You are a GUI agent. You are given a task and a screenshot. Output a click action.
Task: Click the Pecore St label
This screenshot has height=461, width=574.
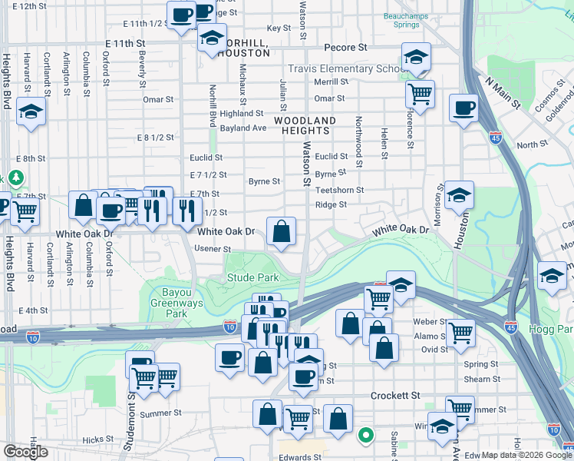coord(345,48)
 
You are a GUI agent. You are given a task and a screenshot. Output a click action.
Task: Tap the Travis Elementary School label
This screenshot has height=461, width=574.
coord(358,68)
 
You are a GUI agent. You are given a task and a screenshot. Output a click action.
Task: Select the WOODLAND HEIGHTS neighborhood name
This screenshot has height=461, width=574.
coord(305,126)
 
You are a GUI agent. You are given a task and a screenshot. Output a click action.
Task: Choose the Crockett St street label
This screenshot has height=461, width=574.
coord(395,395)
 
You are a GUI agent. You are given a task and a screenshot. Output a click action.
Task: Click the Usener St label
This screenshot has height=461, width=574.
coord(213,249)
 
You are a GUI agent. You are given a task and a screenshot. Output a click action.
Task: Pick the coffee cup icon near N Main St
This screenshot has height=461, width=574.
coord(463,108)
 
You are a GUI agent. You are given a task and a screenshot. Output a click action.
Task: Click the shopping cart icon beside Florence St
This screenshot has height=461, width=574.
coord(420,95)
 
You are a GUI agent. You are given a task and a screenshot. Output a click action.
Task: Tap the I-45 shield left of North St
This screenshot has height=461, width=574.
coord(496,138)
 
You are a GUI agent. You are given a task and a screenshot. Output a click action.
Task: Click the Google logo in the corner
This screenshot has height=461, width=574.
coord(25,452)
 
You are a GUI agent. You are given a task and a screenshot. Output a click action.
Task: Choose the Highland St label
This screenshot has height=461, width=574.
coord(220,113)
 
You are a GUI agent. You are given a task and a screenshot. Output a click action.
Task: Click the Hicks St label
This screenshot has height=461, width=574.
coord(98,440)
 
